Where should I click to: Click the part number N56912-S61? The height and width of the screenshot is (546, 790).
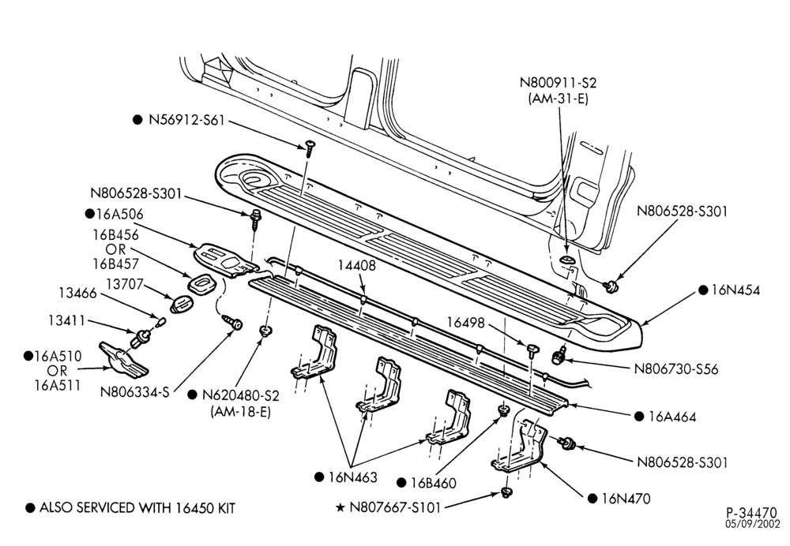(186, 120)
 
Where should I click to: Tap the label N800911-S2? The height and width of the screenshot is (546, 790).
(558, 83)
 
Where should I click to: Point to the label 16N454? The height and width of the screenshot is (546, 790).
(735, 290)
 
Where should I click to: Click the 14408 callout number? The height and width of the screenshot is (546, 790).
(357, 266)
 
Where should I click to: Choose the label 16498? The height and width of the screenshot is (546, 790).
(465, 323)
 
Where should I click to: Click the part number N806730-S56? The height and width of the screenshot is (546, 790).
(676, 369)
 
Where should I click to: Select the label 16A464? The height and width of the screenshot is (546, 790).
(672, 417)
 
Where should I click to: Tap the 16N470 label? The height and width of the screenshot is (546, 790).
(626, 499)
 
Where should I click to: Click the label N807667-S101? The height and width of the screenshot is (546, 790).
(395, 508)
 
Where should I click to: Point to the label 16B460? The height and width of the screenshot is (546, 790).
(433, 483)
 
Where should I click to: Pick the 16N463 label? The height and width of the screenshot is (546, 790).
(352, 477)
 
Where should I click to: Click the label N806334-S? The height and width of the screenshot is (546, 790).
(134, 392)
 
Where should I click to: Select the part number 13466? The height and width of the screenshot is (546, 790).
(77, 293)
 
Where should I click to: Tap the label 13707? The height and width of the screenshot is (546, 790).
(125, 284)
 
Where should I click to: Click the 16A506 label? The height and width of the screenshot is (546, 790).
(119, 215)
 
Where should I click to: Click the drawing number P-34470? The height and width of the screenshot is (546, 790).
(752, 513)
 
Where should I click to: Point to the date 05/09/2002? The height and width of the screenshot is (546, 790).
(752, 525)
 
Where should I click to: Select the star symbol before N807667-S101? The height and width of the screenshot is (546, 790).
(340, 508)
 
